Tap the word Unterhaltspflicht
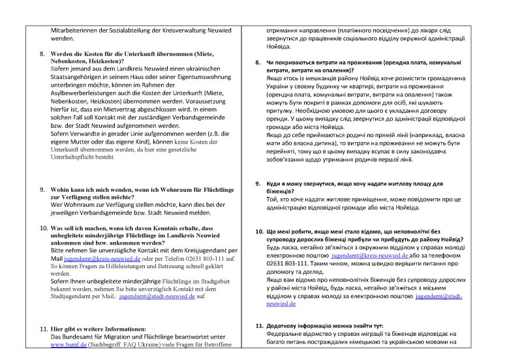click(80, 157)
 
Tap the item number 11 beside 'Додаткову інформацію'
click(258, 325)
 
